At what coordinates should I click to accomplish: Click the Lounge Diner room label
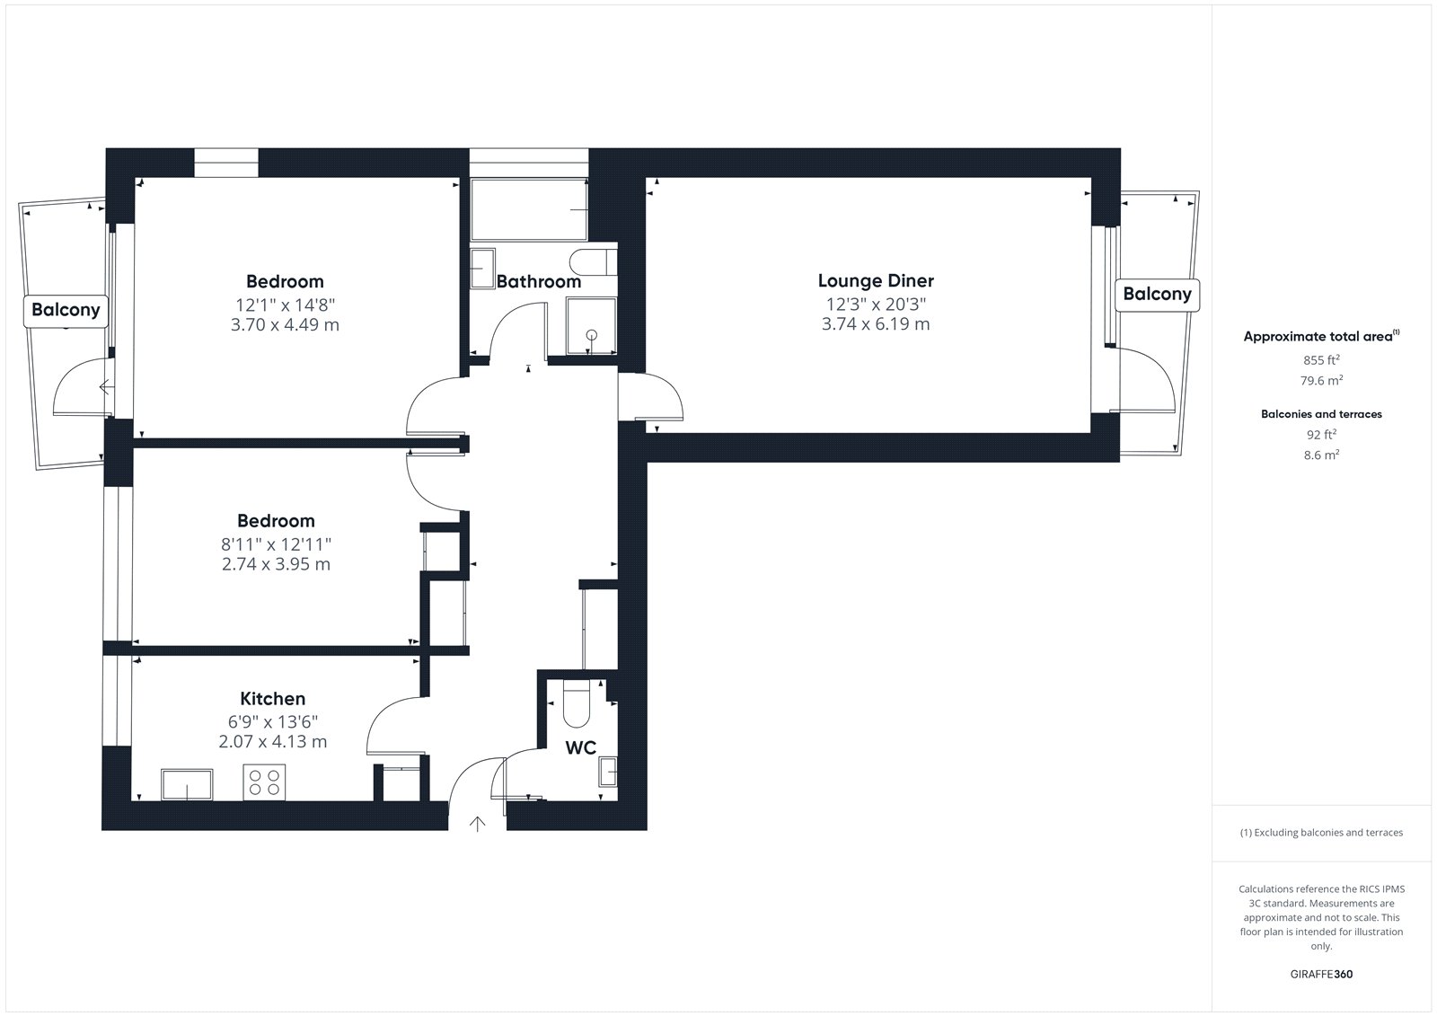[x=876, y=280]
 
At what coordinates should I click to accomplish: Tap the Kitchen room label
[x=273, y=698]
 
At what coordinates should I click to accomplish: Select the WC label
[x=580, y=747]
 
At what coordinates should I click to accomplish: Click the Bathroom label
[x=539, y=282]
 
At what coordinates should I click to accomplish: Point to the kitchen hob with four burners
[x=264, y=782]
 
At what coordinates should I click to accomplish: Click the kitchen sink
[x=187, y=784]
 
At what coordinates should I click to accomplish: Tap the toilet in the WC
[x=576, y=702]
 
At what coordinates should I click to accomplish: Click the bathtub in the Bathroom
[x=529, y=209]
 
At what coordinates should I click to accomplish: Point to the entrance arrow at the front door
[x=477, y=824]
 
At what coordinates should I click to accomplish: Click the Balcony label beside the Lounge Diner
[x=1158, y=295]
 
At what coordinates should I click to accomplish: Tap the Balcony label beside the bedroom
[x=66, y=311]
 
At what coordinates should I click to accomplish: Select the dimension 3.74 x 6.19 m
[x=876, y=324]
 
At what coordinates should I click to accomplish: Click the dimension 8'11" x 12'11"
[x=276, y=545]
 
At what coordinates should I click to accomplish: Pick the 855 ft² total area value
[x=1321, y=359]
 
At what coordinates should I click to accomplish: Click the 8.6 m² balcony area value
[x=1321, y=455]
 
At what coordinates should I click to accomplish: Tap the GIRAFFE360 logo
[x=1321, y=974]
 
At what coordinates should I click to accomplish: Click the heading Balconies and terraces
[x=1321, y=414]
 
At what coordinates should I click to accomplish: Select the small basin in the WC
[x=607, y=772]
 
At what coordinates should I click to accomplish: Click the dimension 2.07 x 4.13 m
[x=273, y=742]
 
